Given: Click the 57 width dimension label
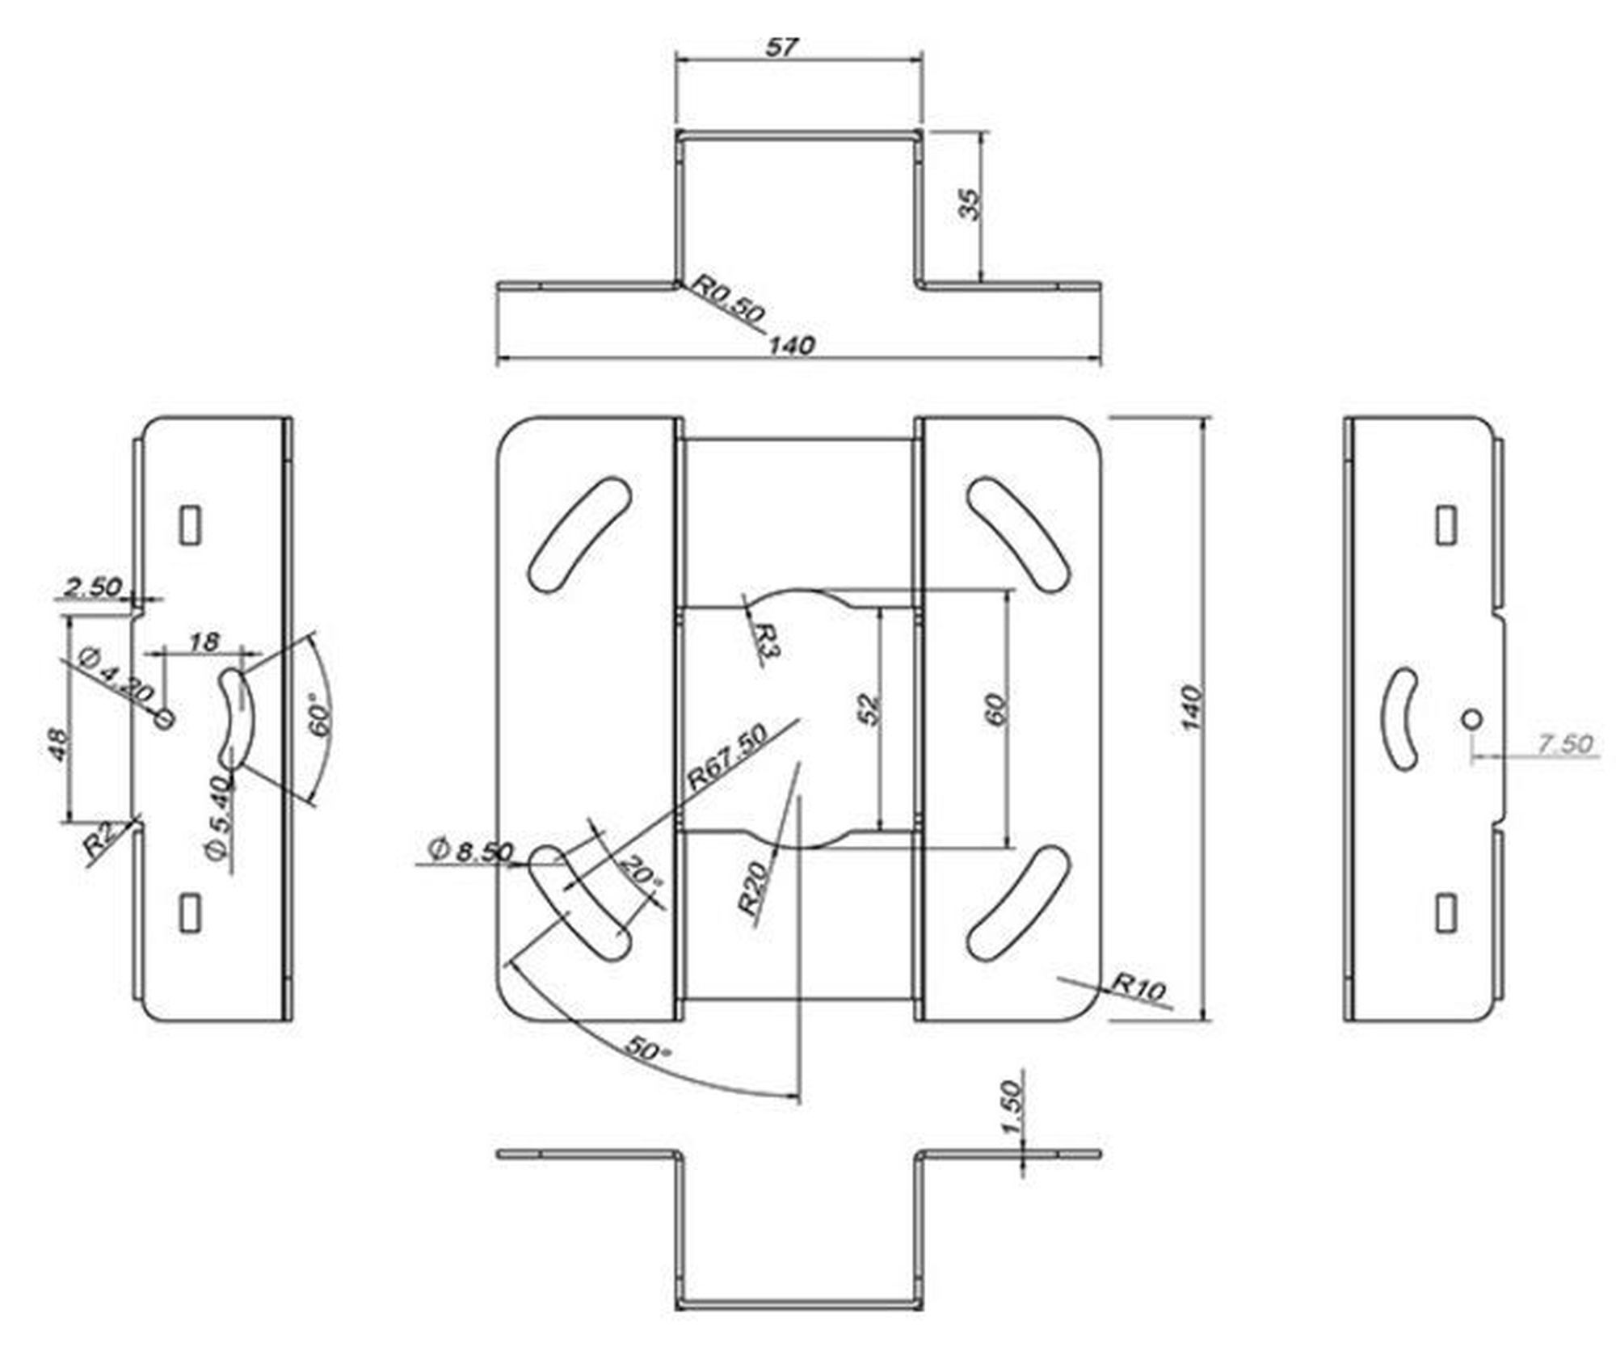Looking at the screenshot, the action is tap(781, 48).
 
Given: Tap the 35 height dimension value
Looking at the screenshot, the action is tap(968, 204).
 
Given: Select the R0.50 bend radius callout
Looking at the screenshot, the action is tap(730, 300).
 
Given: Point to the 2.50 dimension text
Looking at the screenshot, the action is tap(93, 587).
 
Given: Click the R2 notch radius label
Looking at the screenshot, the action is tap(98, 842).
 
